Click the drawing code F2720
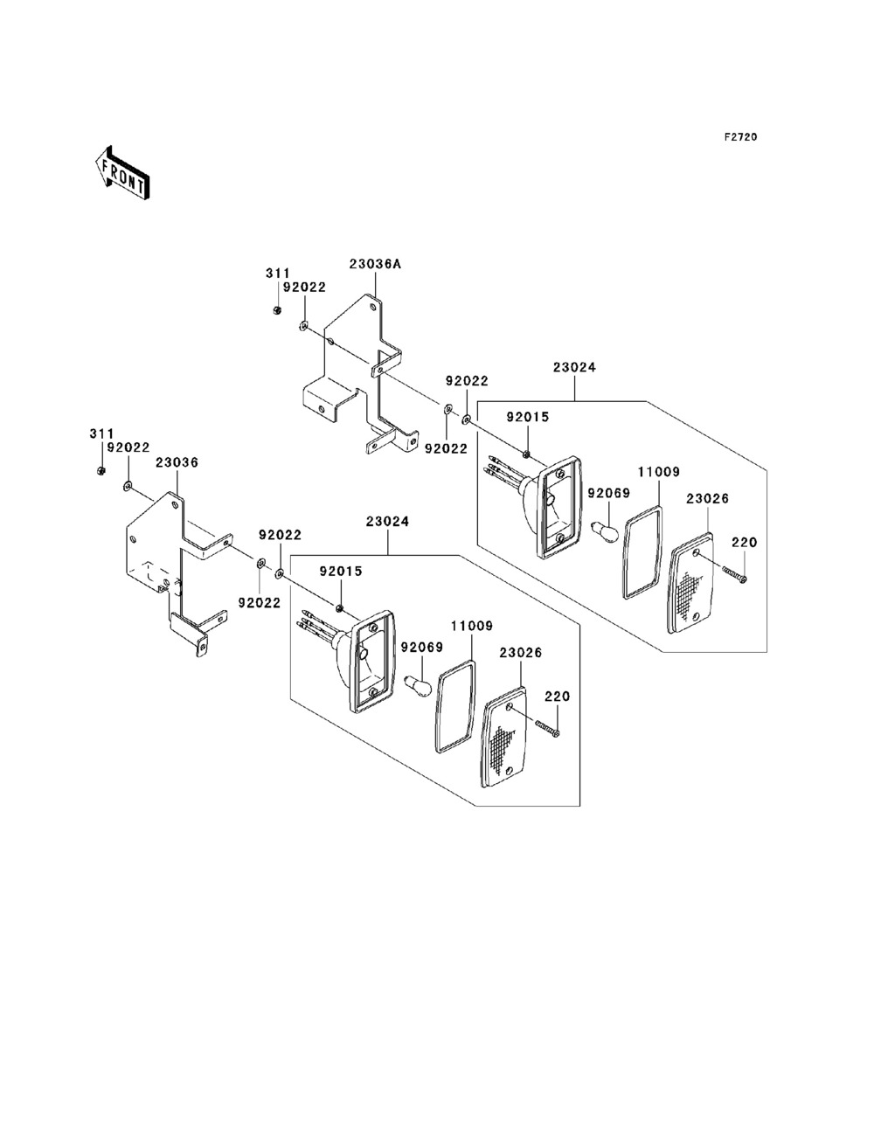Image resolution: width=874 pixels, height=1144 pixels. (739, 137)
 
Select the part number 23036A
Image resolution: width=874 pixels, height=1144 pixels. (375, 263)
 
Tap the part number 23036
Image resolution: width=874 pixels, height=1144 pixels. (177, 462)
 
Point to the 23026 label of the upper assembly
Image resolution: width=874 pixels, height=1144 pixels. (707, 498)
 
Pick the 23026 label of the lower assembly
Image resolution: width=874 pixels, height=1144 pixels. (521, 652)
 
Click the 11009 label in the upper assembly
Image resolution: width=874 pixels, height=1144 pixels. (658, 471)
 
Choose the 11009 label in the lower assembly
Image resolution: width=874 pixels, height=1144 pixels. (472, 626)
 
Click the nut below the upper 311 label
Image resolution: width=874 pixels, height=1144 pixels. (277, 309)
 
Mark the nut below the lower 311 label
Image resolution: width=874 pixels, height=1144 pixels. (101, 471)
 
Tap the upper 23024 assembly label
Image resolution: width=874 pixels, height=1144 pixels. (574, 368)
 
